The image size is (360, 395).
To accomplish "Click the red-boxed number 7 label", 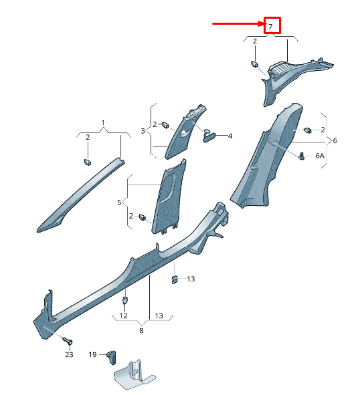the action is tap(270, 27).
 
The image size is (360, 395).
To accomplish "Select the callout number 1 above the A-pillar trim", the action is tap(103, 123).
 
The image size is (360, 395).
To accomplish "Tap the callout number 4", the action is tap(230, 136).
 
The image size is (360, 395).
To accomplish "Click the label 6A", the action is tap(320, 156).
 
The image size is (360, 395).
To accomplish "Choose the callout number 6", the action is tap(335, 140).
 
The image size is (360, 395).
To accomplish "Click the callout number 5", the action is tap(119, 203).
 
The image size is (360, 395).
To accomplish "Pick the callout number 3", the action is tap(143, 131).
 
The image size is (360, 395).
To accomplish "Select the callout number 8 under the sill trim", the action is tap(141, 331).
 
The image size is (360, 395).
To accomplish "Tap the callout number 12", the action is tap(123, 316).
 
